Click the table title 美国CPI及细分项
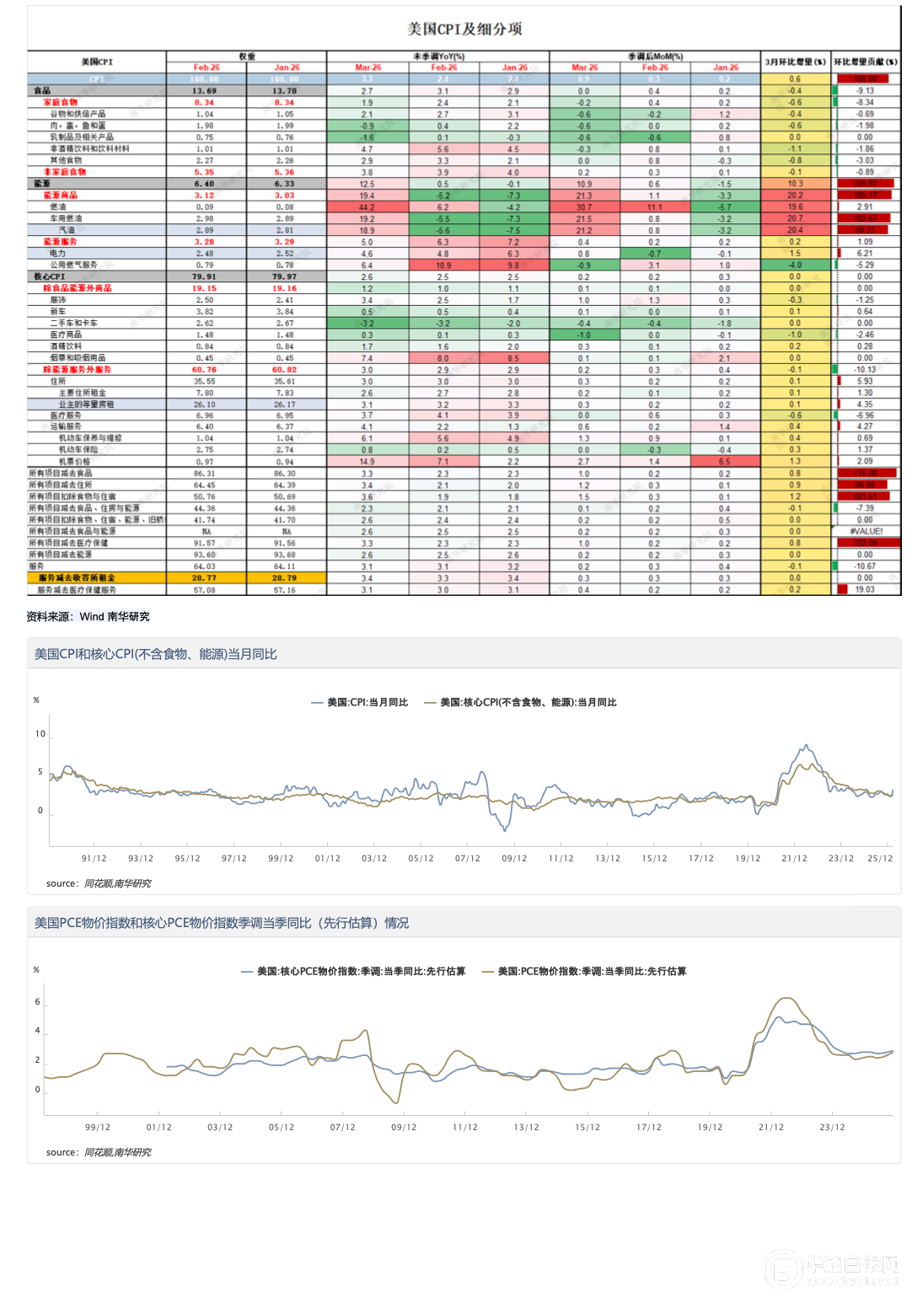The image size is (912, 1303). [x=464, y=29]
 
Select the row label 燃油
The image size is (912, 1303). [x=57, y=206]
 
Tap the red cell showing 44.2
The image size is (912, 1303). [x=367, y=207]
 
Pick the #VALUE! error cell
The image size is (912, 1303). [x=866, y=532]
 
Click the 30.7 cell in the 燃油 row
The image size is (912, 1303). [x=584, y=207]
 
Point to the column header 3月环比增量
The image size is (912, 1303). [x=795, y=62]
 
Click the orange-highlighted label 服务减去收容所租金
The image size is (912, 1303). [x=77, y=578]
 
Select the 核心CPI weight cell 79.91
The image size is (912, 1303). [x=204, y=276]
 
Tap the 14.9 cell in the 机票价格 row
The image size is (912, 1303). [x=367, y=462]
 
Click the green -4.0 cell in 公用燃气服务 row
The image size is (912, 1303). [x=795, y=265]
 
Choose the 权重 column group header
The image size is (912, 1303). [x=246, y=56]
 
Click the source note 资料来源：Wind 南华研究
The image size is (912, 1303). [x=88, y=617]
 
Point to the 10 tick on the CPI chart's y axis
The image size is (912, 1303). [x=40, y=734]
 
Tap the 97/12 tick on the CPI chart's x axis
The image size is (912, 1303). [x=234, y=859]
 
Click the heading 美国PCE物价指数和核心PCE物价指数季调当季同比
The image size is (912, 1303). [x=221, y=924]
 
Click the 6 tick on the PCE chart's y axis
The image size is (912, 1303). [x=38, y=1002]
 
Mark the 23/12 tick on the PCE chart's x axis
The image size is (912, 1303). [x=832, y=1128]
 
